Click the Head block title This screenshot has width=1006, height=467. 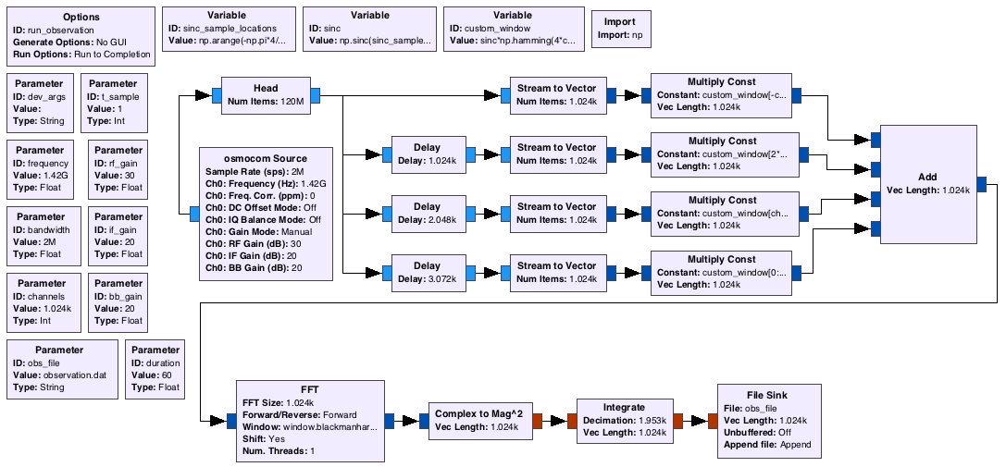click(266, 88)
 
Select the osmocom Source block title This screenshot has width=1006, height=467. click(266, 158)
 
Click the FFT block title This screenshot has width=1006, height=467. click(310, 389)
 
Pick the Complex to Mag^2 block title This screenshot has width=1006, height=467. click(478, 413)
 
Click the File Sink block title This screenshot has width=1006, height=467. click(766, 395)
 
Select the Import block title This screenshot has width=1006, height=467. click(620, 22)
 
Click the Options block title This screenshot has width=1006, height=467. click(81, 18)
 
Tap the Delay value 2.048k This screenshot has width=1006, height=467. click(427, 220)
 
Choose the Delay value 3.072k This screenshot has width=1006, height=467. click(427, 279)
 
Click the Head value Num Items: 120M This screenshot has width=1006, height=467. click(266, 102)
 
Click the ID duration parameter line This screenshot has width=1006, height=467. click(155, 363)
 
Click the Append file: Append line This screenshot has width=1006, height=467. click(768, 445)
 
